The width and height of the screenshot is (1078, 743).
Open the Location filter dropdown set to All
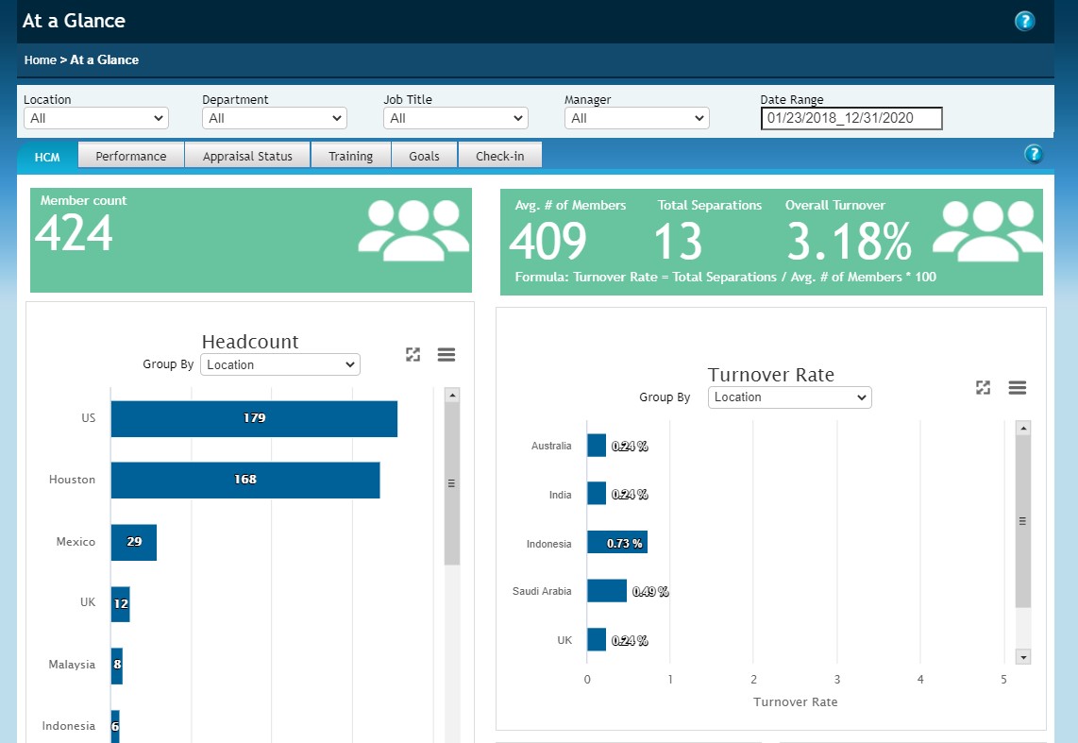(x=95, y=118)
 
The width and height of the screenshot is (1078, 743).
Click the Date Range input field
(x=851, y=118)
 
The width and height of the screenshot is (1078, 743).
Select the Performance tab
(x=130, y=156)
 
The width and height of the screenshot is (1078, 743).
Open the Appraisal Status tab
(x=247, y=156)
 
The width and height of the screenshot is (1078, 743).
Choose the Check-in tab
(x=499, y=156)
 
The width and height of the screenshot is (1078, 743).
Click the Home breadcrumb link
(x=41, y=59)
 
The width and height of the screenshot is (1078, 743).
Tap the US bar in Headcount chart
(x=254, y=418)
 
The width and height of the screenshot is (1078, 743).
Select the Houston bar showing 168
(x=245, y=480)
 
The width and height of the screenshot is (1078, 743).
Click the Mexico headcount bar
(x=133, y=542)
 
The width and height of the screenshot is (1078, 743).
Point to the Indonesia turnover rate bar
(x=616, y=543)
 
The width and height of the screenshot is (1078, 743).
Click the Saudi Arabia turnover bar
(x=606, y=591)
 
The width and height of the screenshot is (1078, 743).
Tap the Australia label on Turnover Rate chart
(x=551, y=446)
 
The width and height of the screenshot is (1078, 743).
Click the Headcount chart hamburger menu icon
(x=446, y=355)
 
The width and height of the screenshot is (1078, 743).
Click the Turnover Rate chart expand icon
(x=983, y=387)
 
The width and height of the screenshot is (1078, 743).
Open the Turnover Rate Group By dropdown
(x=789, y=397)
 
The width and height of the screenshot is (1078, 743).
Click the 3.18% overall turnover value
(x=849, y=242)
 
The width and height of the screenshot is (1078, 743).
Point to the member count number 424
(x=74, y=233)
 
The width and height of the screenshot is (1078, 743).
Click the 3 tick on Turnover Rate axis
(x=836, y=680)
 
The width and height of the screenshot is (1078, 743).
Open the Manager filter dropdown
(x=636, y=118)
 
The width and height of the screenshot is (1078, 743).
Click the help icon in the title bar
(x=1024, y=21)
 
